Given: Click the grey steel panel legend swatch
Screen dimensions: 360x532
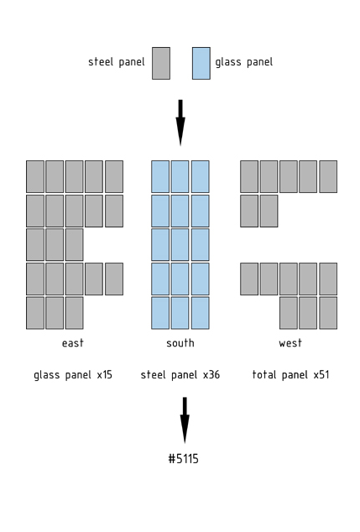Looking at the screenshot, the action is tap(161, 64).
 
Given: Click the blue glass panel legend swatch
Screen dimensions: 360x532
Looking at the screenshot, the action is tap(201, 64).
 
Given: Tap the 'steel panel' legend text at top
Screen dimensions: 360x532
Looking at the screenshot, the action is tap(117, 62).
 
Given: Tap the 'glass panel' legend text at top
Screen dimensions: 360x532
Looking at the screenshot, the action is tap(244, 62).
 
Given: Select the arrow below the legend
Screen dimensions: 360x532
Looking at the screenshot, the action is tap(180, 123).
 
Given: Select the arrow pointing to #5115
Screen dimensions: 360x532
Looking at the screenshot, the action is tap(185, 420).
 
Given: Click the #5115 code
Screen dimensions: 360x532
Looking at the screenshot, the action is tap(183, 459).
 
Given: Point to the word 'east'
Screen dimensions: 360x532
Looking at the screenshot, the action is tap(73, 343).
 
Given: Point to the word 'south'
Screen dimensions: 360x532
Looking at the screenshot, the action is tap(180, 343).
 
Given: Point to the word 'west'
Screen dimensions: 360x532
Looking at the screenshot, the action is tap(290, 343).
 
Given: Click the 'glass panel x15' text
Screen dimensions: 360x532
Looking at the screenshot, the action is tap(73, 375).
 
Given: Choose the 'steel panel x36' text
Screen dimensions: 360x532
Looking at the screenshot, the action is tap(180, 375).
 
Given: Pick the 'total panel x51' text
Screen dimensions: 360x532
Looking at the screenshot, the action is tap(291, 375).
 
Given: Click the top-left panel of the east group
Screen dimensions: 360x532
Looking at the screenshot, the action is tap(35, 176).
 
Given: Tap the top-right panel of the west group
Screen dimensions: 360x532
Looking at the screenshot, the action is tap(328, 176).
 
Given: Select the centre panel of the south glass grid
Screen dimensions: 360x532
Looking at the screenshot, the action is tap(180, 245).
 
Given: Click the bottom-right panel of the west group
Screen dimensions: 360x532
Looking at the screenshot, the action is tap(328, 313).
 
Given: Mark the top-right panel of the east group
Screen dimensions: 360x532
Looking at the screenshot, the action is tap(114, 176).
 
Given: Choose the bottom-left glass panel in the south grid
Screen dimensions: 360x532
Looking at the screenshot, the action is tap(160, 313).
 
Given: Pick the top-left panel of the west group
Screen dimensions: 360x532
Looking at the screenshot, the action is tap(249, 176).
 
